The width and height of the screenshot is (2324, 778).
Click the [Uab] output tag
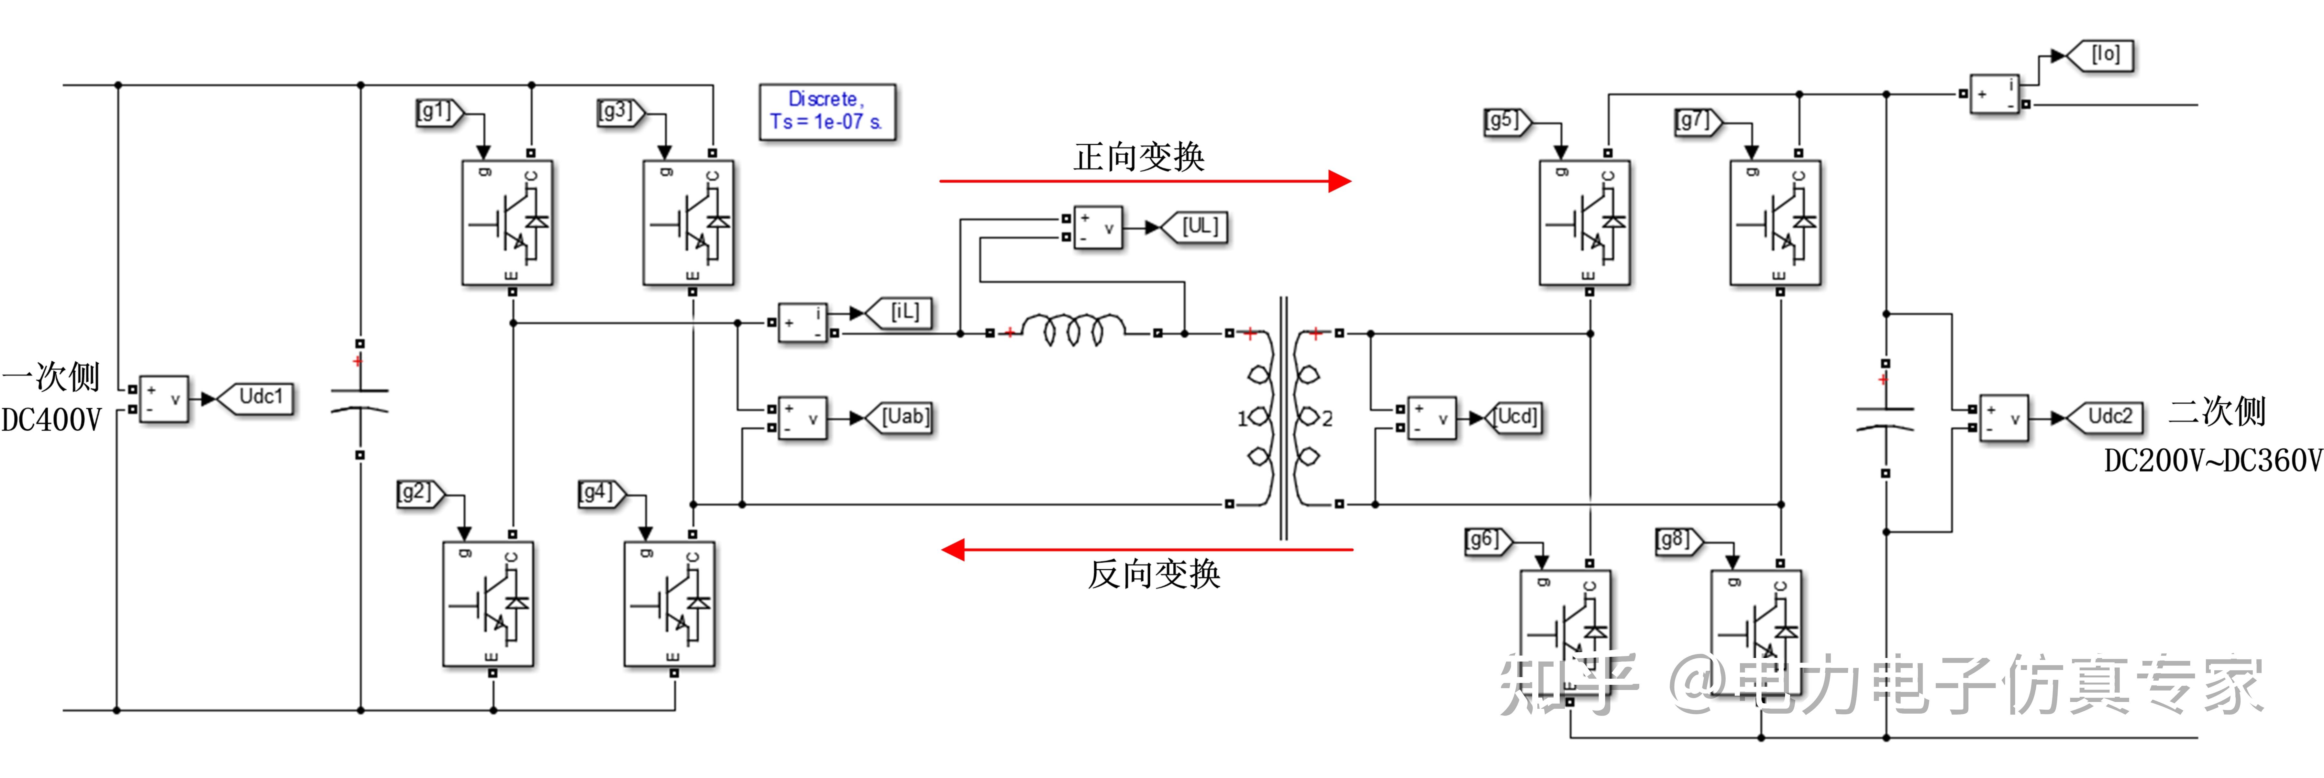point(901,417)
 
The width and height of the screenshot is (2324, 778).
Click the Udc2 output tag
point(2106,417)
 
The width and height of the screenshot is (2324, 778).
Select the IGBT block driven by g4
point(670,604)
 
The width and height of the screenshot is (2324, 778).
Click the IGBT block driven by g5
point(1584,223)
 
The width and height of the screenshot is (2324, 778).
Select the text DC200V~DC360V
point(2212,462)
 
